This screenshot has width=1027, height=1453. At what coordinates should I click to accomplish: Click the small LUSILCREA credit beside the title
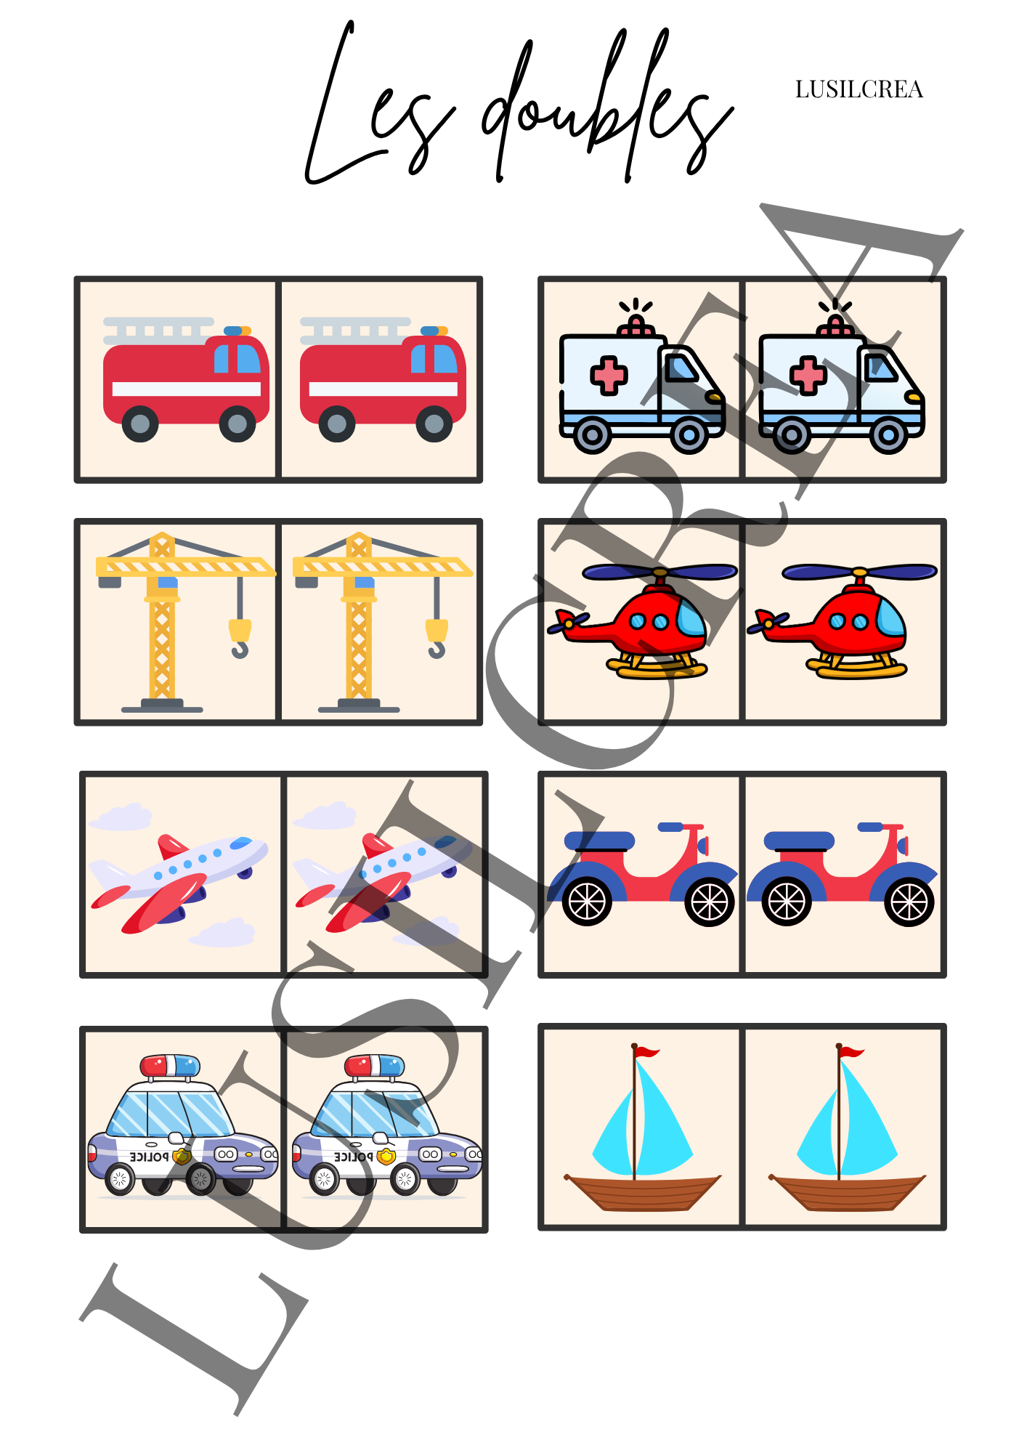pyautogui.click(x=858, y=89)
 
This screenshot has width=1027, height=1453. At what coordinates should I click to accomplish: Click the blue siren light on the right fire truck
pyautogui.click(x=431, y=331)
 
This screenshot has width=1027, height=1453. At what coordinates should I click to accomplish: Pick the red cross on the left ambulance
pyautogui.click(x=609, y=376)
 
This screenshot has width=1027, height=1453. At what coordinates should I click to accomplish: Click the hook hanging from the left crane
pyautogui.click(x=240, y=638)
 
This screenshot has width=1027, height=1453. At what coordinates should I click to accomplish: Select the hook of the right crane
pyautogui.click(x=437, y=638)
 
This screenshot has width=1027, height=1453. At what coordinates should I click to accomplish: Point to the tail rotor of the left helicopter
pyautogui.click(x=568, y=622)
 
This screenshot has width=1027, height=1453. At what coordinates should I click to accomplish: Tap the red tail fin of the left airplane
pyautogui.click(x=172, y=846)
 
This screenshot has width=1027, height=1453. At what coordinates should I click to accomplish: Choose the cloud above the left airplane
pyautogui.click(x=120, y=817)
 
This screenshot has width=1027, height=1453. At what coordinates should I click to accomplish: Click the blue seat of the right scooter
pyautogui.click(x=799, y=841)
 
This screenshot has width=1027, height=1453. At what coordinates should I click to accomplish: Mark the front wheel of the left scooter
pyautogui.click(x=709, y=902)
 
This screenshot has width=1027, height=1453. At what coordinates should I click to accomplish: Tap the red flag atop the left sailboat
pyautogui.click(x=645, y=1051)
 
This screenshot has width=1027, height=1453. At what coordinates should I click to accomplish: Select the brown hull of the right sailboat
pyautogui.click(x=847, y=1192)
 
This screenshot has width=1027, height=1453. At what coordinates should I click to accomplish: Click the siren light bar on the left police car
pyautogui.click(x=170, y=1066)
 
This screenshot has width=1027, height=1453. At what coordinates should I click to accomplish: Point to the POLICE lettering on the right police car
pyautogui.click(x=353, y=1156)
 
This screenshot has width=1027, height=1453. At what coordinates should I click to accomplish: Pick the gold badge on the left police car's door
pyautogui.click(x=182, y=1156)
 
